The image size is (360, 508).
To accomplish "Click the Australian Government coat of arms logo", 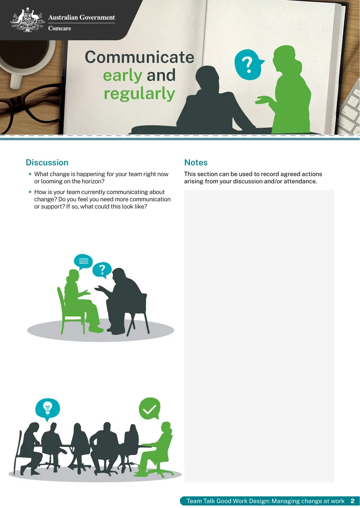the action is [27, 20].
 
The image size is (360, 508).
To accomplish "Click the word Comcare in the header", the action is [60, 28].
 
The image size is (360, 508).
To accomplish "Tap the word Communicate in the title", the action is [139, 57].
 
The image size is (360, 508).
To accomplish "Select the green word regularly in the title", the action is [139, 94].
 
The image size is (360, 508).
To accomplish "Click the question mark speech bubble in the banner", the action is [248, 65].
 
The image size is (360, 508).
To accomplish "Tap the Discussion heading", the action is [47, 162].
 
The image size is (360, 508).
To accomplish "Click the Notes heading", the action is [196, 162].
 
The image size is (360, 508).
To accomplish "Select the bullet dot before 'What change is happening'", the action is [30, 174].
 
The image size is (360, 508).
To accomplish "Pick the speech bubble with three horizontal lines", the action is [83, 262].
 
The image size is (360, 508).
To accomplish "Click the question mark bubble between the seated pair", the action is [102, 270].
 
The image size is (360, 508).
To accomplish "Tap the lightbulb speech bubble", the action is [48, 409].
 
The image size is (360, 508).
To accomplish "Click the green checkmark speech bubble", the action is [149, 409].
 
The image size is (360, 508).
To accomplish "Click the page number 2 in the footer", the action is [352, 501].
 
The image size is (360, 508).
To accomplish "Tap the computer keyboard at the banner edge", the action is [351, 107].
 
